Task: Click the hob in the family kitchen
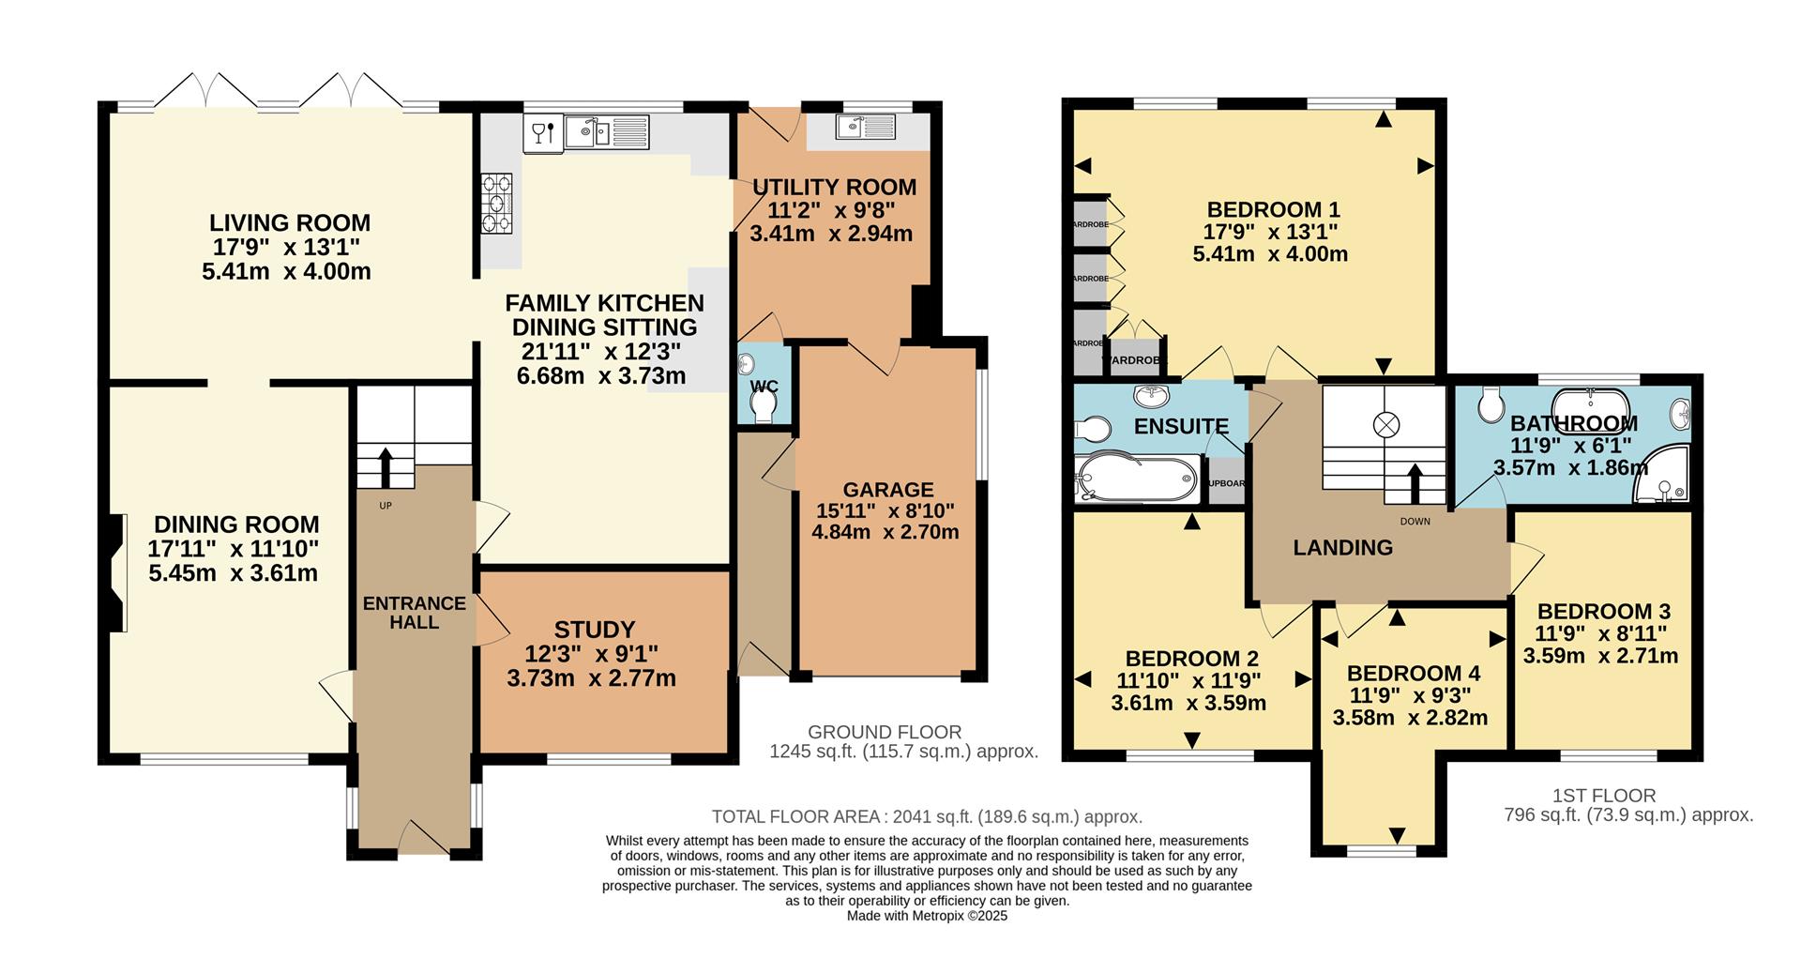click(x=497, y=204)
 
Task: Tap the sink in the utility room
click(x=866, y=127)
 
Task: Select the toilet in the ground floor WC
click(x=764, y=403)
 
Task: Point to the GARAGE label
click(x=887, y=490)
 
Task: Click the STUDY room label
click(x=594, y=630)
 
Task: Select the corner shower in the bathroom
click(x=1662, y=477)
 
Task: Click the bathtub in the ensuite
click(x=1137, y=479)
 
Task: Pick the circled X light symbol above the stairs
click(x=1385, y=424)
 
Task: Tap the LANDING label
click(x=1342, y=548)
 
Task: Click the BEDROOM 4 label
click(x=1413, y=674)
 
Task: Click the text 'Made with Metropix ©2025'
click(x=927, y=916)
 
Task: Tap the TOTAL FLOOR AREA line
click(x=926, y=816)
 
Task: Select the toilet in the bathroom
click(x=1490, y=406)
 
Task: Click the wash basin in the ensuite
click(x=1150, y=394)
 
